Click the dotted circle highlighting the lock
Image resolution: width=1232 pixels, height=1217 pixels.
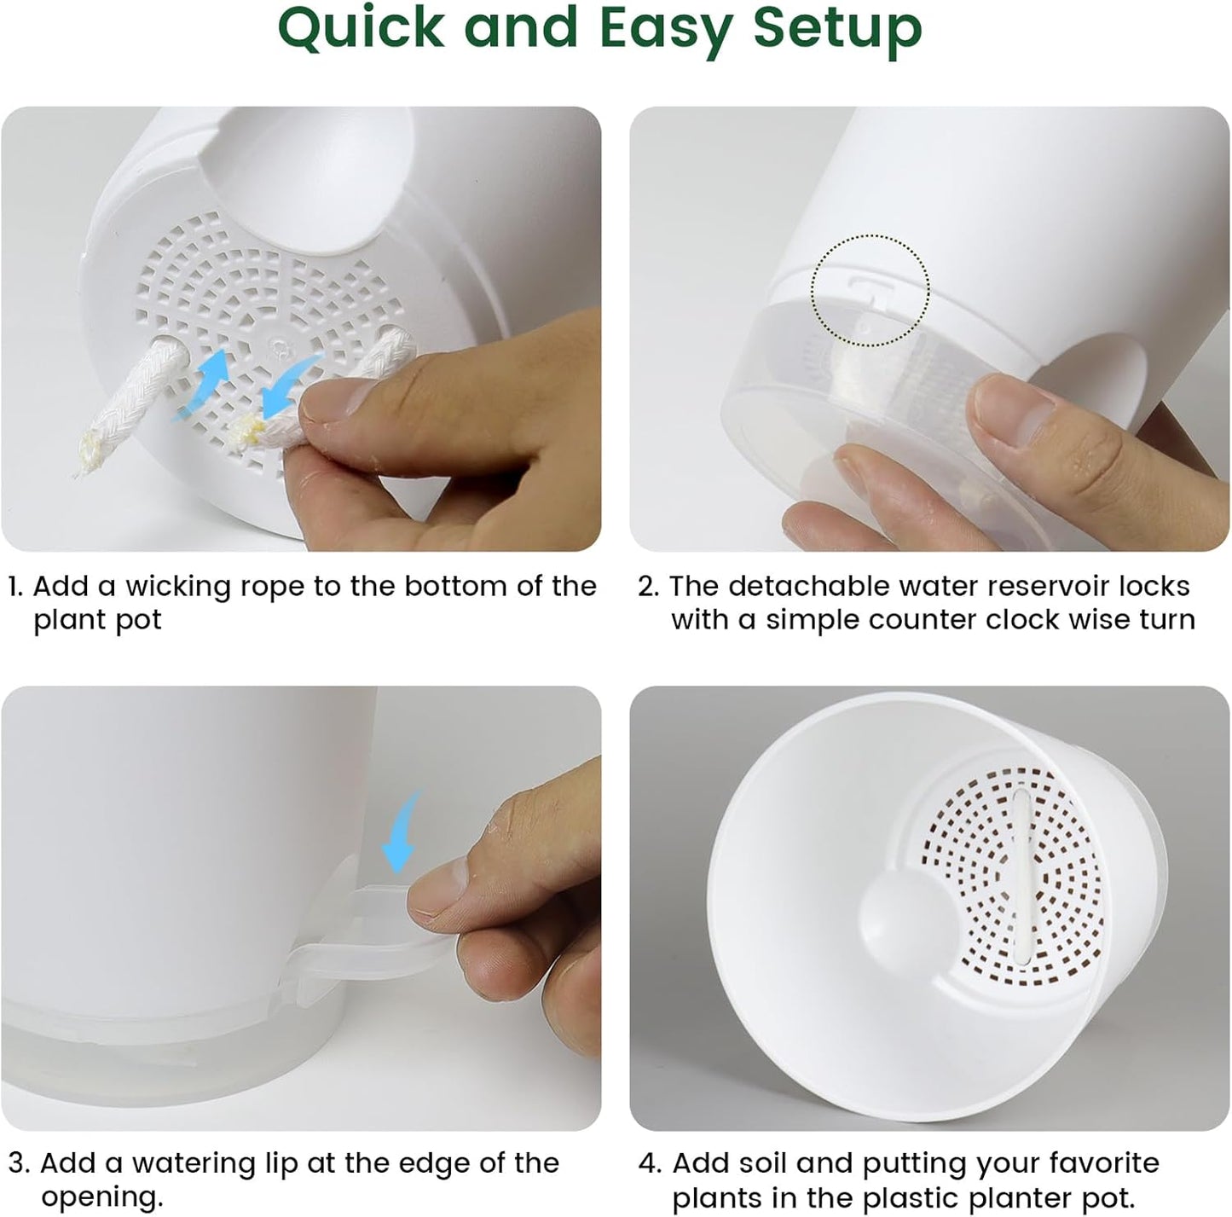870,290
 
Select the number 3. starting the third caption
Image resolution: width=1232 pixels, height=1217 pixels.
19,1164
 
